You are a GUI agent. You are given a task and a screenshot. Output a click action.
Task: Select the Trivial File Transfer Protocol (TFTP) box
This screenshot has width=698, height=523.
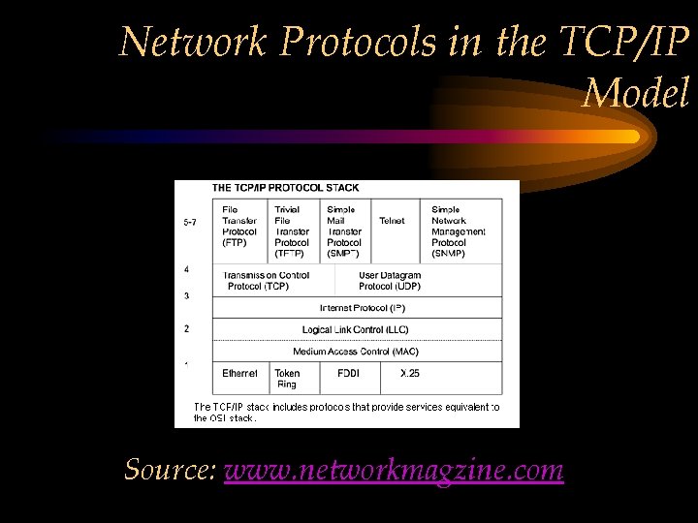(293, 231)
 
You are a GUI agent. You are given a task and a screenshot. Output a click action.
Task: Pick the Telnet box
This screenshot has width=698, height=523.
(393, 222)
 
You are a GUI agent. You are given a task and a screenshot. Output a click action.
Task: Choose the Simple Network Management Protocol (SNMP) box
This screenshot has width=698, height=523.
(462, 231)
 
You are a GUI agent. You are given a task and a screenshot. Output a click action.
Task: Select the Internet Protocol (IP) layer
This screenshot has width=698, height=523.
(362, 308)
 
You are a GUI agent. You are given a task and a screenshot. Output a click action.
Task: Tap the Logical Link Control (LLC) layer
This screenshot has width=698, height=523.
(362, 330)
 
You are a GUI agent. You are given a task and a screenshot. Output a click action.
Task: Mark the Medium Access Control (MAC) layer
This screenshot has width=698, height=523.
(362, 352)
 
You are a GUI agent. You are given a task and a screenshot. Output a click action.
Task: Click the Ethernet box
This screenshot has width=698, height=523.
(240, 374)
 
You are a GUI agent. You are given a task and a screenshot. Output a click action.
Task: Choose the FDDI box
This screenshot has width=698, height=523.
(348, 374)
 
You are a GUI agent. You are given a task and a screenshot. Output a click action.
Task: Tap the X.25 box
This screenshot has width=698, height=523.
(410, 374)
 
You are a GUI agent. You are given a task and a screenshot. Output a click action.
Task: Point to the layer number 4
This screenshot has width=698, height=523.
(186, 269)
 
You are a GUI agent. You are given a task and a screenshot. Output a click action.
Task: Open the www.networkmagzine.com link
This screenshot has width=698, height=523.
(394, 471)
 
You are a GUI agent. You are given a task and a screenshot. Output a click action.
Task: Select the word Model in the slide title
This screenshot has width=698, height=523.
(636, 93)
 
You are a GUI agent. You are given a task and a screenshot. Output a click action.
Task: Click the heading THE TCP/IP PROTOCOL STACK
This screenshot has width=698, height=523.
(271, 187)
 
